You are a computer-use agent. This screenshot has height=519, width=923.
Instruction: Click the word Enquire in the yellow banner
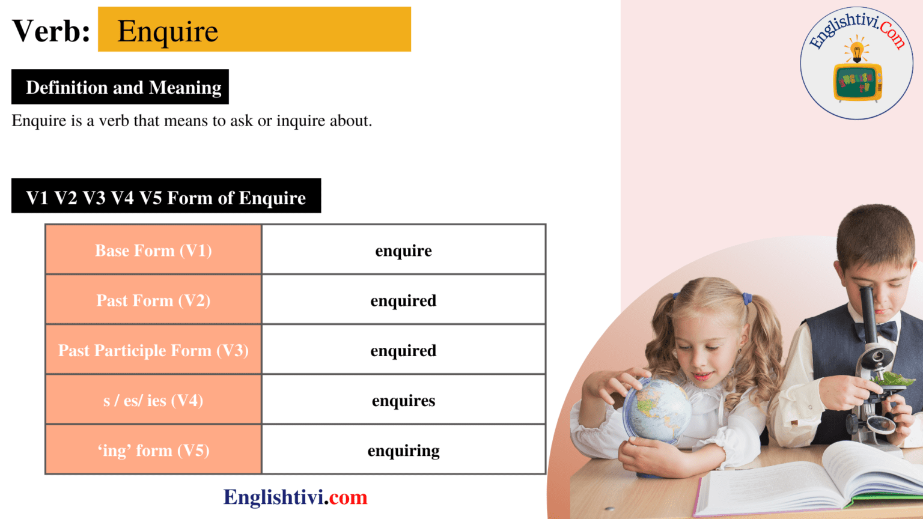pyautogui.click(x=168, y=31)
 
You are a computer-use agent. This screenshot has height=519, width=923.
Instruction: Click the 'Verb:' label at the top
pyautogui.click(x=51, y=31)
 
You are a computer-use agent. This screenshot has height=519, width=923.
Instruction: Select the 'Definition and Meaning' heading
pyautogui.click(x=123, y=88)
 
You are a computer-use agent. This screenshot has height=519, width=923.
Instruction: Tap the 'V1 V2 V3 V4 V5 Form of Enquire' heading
pyautogui.click(x=166, y=198)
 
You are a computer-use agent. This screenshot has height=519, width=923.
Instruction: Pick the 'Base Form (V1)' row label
pyautogui.click(x=153, y=250)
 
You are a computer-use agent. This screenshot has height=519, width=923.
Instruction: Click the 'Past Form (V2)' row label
pyautogui.click(x=153, y=300)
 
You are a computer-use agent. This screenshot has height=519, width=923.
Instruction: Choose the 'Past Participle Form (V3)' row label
pyautogui.click(x=153, y=350)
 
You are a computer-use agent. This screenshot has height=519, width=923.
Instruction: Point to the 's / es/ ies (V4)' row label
pyautogui.click(x=153, y=401)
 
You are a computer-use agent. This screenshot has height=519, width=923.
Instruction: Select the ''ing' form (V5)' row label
pyautogui.click(x=153, y=451)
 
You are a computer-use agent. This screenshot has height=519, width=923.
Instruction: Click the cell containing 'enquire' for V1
pyautogui.click(x=403, y=250)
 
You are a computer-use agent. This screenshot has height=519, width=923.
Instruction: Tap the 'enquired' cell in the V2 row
pyautogui.click(x=403, y=300)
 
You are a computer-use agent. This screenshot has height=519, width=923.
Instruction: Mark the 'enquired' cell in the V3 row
pyautogui.click(x=403, y=350)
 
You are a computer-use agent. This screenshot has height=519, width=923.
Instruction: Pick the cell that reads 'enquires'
pyautogui.click(x=403, y=401)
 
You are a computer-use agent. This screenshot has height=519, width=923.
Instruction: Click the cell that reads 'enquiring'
pyautogui.click(x=403, y=451)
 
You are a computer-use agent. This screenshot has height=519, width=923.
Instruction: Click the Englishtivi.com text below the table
pyautogui.click(x=295, y=497)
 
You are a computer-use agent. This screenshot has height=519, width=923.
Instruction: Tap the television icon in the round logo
pyautogui.click(x=858, y=81)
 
